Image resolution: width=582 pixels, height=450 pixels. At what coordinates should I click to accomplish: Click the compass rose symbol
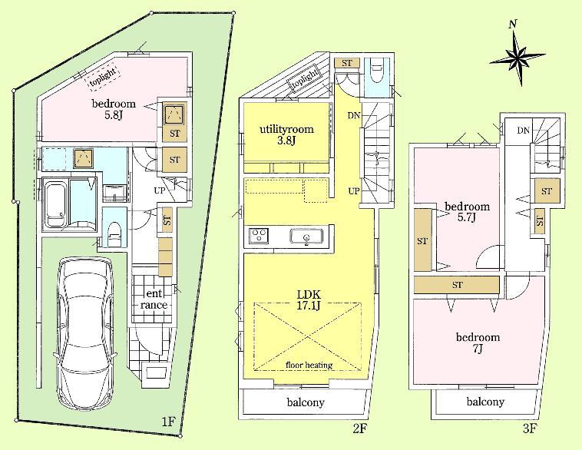click(x=517, y=56)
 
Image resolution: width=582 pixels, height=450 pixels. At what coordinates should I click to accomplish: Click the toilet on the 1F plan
click(x=114, y=230)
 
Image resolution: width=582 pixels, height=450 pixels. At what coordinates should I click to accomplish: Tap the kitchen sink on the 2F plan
click(x=306, y=237)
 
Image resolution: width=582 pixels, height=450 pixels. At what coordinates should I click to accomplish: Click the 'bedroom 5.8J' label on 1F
click(x=114, y=109)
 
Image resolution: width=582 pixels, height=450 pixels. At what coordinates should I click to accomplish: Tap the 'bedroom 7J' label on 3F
click(x=478, y=342)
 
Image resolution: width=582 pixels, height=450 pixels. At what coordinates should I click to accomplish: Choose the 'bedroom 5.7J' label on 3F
click(x=468, y=212)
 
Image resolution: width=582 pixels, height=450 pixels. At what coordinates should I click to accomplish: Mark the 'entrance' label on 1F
click(x=154, y=299)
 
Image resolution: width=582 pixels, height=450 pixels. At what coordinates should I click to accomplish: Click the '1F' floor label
click(x=168, y=421)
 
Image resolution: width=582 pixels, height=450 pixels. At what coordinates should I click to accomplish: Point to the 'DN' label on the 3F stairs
click(x=523, y=131)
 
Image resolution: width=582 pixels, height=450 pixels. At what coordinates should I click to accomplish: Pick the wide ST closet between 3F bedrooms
click(x=458, y=285)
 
